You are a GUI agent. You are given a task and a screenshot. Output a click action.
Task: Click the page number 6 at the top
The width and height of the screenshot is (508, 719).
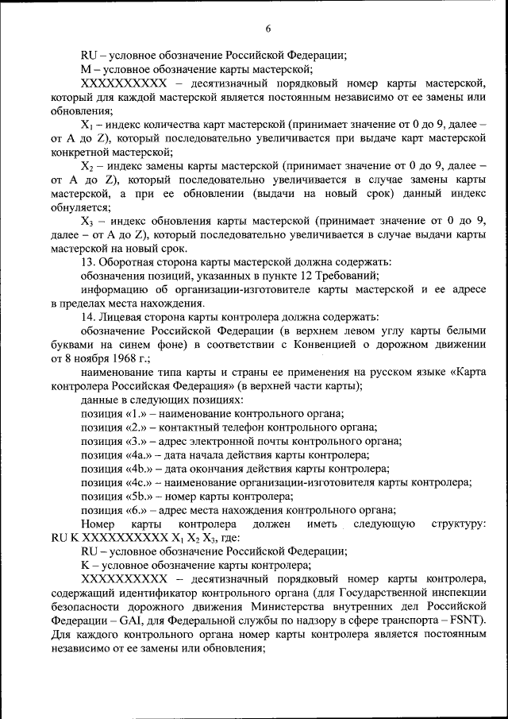[x=267, y=29]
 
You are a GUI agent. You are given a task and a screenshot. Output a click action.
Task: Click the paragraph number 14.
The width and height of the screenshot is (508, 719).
[x=89, y=316]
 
